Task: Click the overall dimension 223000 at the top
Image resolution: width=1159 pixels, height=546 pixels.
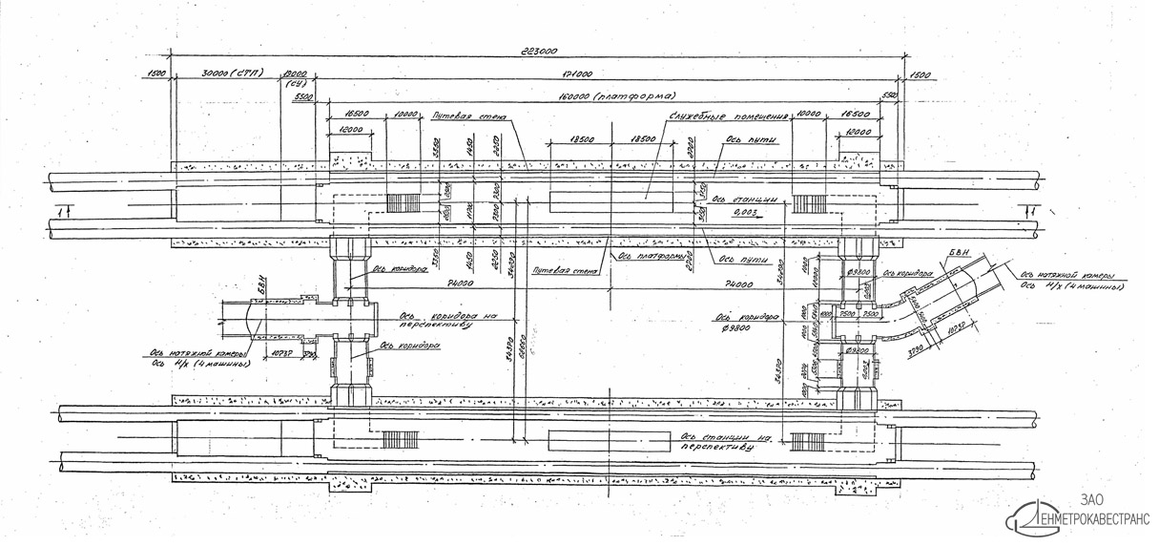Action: pos(539,52)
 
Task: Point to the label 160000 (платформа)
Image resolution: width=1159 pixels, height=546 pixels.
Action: pos(621,96)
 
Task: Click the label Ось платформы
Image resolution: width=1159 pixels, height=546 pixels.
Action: pos(652,256)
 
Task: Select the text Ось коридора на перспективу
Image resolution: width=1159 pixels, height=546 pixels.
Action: pos(435,318)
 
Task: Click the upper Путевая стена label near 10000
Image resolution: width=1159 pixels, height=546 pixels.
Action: pos(468,116)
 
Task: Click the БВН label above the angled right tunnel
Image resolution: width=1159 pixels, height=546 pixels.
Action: pos(956,253)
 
